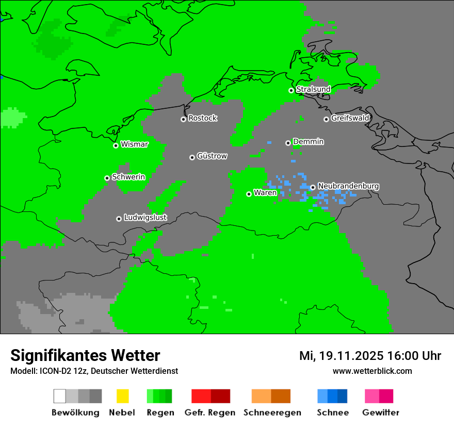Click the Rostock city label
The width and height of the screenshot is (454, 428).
[203, 118]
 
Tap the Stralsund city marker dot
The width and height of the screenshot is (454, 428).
[291, 90]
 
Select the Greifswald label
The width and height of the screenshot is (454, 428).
[350, 118]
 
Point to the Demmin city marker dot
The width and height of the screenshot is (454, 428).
[288, 143]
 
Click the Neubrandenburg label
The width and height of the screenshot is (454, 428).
[349, 186]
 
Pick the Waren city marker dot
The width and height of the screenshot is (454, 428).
[249, 194]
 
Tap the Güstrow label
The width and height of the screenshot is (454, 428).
[212, 156]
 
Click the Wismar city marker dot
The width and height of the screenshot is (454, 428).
[116, 145]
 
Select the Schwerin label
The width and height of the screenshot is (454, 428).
[128, 177]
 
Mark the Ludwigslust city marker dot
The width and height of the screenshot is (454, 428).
[119, 219]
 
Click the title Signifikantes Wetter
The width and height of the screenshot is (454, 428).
[85, 355]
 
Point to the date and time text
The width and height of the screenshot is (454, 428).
[370, 356]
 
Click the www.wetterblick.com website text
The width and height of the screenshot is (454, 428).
[372, 371]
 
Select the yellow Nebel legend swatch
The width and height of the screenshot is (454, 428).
[122, 396]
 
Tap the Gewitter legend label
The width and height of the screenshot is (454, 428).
[380, 413]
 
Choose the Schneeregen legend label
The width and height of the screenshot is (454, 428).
[272, 413]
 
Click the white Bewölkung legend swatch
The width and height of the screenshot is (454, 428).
[60, 396]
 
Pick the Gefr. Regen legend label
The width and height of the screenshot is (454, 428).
[210, 413]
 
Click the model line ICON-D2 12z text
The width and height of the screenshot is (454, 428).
[94, 371]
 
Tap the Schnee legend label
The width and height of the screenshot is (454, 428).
[333, 413]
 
